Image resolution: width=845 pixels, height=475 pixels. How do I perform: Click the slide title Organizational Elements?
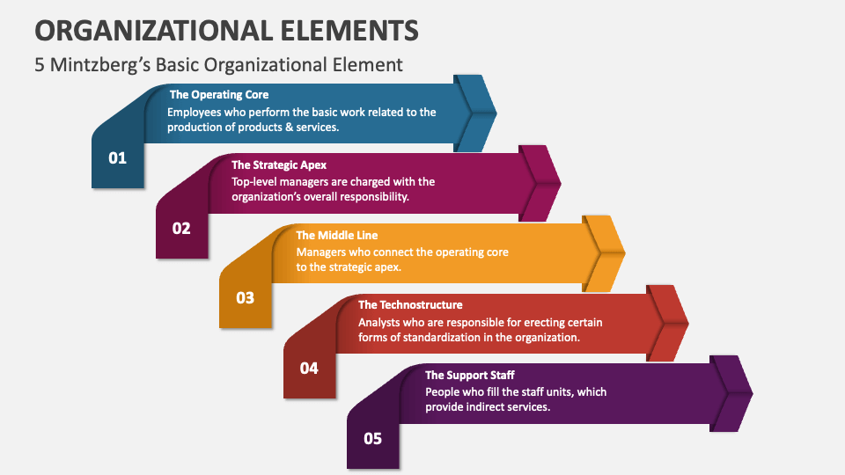(x=226, y=30)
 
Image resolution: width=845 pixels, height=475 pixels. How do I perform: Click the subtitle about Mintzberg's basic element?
(x=218, y=64)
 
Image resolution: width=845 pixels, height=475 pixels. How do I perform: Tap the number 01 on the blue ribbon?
(x=118, y=158)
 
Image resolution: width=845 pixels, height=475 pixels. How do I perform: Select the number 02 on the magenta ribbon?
(x=181, y=228)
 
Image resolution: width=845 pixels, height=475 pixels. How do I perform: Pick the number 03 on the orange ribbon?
(x=245, y=297)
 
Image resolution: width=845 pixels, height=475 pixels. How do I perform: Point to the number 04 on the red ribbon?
(x=309, y=368)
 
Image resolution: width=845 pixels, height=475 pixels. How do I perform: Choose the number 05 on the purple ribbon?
(x=372, y=437)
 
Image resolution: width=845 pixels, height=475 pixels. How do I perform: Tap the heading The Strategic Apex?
(x=279, y=164)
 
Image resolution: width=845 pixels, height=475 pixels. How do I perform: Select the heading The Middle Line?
(x=331, y=235)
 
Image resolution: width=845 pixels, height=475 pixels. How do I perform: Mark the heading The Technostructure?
(x=410, y=305)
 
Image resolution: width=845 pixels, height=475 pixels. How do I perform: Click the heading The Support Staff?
(x=470, y=376)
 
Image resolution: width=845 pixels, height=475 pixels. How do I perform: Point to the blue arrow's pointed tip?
(x=496, y=113)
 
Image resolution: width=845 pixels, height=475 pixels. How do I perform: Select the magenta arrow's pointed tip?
(x=560, y=183)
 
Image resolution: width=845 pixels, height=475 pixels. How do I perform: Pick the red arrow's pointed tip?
(x=687, y=323)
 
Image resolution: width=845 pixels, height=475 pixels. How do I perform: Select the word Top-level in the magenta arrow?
(x=254, y=182)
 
